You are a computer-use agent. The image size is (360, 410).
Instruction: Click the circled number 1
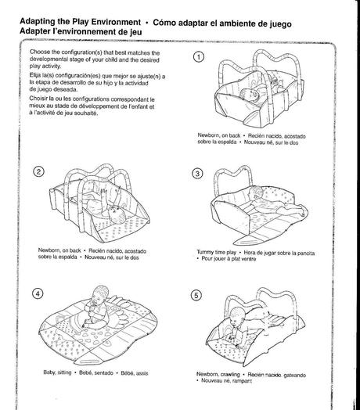click(199, 57)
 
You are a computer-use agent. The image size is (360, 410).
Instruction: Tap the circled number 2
click(38, 171)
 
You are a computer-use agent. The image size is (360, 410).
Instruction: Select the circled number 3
click(197, 174)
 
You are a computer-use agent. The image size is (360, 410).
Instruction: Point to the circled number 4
click(38, 293)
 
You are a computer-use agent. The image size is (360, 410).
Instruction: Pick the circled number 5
click(196, 295)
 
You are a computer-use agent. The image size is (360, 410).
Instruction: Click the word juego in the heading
click(280, 24)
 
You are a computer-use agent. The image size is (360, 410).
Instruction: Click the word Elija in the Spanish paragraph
click(34, 75)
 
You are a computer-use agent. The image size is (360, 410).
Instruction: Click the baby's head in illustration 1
click(250, 95)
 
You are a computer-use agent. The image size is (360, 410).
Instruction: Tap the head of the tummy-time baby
click(255, 193)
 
